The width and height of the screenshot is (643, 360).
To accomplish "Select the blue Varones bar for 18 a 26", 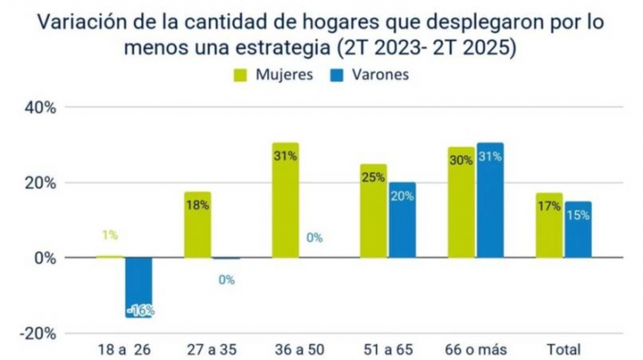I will [138, 287].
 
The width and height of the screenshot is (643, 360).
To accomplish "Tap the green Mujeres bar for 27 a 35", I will [197, 224].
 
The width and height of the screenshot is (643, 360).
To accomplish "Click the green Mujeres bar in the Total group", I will [549, 225].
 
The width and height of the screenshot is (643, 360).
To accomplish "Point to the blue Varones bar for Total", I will [578, 230].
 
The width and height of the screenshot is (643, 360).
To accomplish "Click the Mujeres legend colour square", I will [240, 75].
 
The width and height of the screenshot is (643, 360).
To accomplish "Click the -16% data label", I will [139, 311].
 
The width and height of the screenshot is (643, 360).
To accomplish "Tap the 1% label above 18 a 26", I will [109, 236].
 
